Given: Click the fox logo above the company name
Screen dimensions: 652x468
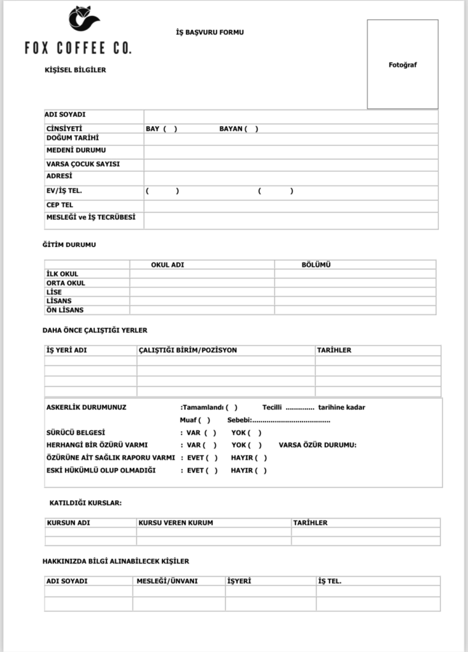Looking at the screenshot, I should [84, 18].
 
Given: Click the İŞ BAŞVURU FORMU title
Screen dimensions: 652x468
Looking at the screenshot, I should [209, 32].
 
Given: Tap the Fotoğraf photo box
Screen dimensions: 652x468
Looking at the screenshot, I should [402, 64].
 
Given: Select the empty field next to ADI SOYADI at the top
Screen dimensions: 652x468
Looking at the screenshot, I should [290, 116].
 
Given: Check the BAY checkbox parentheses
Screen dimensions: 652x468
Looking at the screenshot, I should [170, 129].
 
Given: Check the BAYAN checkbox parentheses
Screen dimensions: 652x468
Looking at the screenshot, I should [252, 129].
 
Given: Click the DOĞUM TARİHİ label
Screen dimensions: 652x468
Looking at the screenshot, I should [73, 138].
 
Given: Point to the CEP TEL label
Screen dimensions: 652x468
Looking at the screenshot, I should [60, 205].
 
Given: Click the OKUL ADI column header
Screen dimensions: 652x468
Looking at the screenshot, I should [167, 265].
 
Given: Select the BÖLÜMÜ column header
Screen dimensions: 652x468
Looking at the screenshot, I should [316, 265].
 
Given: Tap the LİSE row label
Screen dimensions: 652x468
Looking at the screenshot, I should [54, 292].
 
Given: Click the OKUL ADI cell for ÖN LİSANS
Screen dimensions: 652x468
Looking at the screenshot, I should [202, 310].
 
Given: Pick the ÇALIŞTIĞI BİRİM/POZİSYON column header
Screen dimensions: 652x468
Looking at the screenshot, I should [188, 350].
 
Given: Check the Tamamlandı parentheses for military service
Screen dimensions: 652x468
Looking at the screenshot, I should [232, 407].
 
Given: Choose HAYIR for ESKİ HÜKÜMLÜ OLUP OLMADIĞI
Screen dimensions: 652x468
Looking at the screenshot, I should [261, 471].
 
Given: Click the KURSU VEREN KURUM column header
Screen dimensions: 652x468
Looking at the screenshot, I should [176, 523].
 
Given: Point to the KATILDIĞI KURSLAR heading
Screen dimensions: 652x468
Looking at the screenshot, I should [85, 503].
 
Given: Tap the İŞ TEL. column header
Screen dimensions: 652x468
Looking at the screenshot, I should [330, 581].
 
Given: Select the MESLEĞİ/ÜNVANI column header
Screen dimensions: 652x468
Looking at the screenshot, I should [167, 581].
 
